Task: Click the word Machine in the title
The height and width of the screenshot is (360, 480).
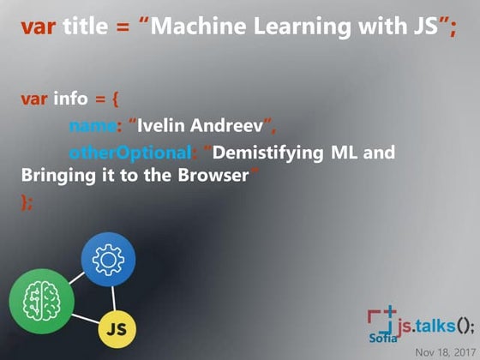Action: tap(203, 27)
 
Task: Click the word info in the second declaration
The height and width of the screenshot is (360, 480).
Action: tap(71, 99)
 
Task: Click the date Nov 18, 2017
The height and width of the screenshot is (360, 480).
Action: tap(444, 351)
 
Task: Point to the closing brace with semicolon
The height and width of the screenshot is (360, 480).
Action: tap(27, 202)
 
